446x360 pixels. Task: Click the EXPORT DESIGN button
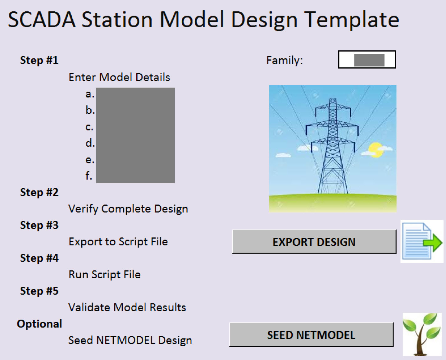click(314, 242)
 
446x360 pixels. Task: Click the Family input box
click(367, 59)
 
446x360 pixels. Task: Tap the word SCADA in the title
click(42, 20)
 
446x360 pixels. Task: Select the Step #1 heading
click(39, 60)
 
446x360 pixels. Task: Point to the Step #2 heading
click(39, 192)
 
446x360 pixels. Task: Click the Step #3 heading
click(39, 225)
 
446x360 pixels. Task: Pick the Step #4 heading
click(39, 258)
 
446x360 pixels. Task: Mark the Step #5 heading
click(39, 291)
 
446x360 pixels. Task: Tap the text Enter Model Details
click(119, 77)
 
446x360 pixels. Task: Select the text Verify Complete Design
click(128, 209)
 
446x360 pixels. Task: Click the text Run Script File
click(104, 275)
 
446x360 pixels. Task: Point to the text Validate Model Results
click(127, 307)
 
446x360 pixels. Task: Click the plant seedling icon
click(422, 334)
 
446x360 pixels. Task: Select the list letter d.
click(90, 143)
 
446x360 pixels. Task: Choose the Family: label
click(284, 60)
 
